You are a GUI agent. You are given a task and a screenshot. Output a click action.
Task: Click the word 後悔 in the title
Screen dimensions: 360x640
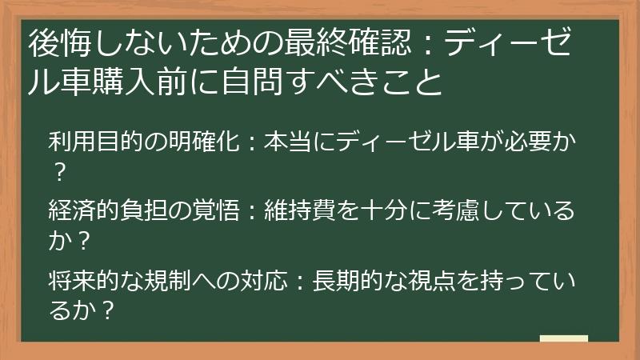click(x=56, y=43)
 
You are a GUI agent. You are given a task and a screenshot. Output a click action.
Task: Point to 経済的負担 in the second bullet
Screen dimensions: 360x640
click(x=99, y=212)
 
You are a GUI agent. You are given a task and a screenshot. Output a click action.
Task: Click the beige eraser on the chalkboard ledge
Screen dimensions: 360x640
click(x=563, y=339)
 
